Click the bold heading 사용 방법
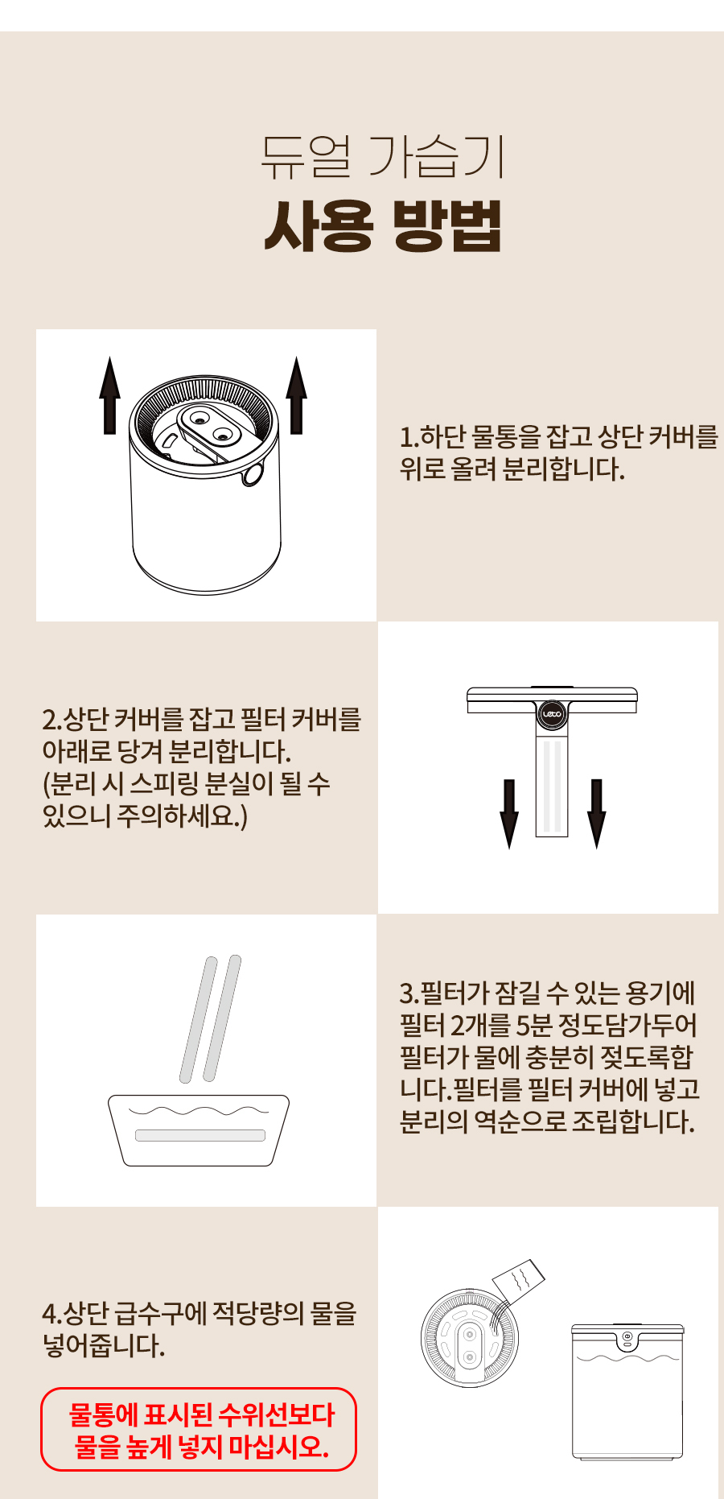[x=383, y=226]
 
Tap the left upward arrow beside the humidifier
[x=110, y=395]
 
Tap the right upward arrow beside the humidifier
[x=297, y=395]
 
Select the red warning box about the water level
[x=199, y=1429]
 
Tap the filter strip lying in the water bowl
[x=200, y=1135]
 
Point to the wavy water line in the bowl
[x=200, y=1111]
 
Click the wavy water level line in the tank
[x=628, y=1359]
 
